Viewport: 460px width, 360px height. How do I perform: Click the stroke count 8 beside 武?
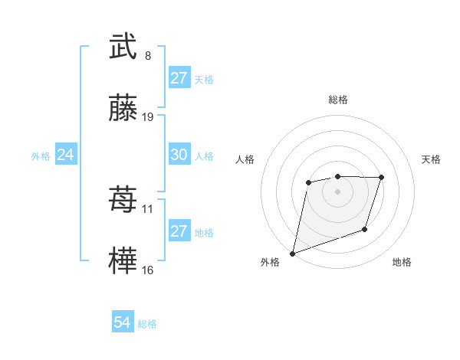[148, 55]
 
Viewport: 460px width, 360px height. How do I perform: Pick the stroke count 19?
[148, 117]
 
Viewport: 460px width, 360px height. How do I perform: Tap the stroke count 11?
[148, 208]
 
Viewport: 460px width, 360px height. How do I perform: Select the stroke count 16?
[148, 270]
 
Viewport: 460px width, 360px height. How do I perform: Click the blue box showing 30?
[179, 155]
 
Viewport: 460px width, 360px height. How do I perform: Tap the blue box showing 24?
[66, 155]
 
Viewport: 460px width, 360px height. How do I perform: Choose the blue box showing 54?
[123, 322]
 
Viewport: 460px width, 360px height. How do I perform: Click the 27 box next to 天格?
[179, 78]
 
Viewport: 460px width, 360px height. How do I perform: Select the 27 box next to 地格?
[179, 231]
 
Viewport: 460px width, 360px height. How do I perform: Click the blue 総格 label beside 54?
[147, 323]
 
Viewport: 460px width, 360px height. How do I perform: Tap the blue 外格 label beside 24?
[41, 155]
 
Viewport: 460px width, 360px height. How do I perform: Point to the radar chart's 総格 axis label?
[337, 100]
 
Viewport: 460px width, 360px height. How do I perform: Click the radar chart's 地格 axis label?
[402, 262]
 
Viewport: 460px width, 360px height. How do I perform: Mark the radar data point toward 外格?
[292, 253]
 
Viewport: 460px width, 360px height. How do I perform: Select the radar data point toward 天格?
[382, 178]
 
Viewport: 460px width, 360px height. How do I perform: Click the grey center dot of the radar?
[337, 191]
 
